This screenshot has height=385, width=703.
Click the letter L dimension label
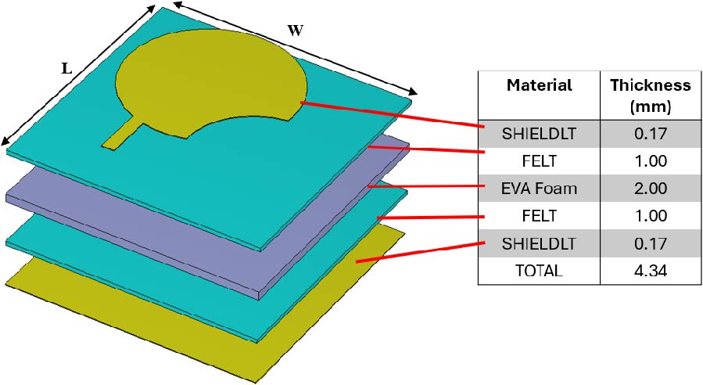(x=67, y=68)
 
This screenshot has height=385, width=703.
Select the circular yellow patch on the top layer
(x=207, y=82)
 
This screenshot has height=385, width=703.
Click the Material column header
(x=539, y=85)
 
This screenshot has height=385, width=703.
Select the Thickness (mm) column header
(x=651, y=95)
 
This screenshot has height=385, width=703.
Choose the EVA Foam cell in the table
(x=539, y=189)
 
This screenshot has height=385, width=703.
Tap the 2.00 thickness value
(x=651, y=189)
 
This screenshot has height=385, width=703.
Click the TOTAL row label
(x=539, y=271)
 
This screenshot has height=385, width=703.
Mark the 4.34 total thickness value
(x=651, y=271)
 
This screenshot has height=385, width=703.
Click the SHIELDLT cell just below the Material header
(x=539, y=134)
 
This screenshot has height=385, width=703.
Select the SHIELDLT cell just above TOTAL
(x=539, y=243)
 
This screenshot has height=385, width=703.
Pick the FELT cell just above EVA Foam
(x=539, y=161)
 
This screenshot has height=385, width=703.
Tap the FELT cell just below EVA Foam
(x=539, y=216)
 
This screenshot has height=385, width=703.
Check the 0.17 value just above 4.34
(x=651, y=243)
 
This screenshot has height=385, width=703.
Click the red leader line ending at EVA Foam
(x=422, y=187)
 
